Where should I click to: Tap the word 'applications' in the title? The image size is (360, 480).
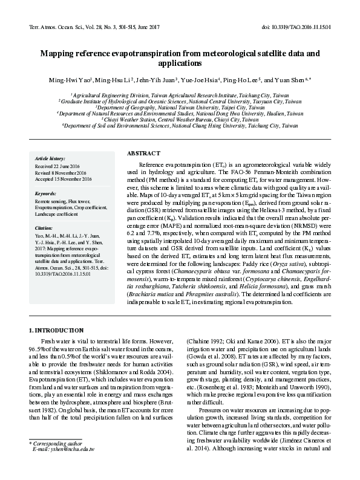[180, 63]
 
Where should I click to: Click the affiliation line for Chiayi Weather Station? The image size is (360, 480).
[180, 120]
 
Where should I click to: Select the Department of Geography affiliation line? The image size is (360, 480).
[180, 107]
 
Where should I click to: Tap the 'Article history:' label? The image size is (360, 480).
[50, 157]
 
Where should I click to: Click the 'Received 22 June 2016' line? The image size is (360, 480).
[58, 166]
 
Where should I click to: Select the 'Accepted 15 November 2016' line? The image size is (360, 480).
[63, 179]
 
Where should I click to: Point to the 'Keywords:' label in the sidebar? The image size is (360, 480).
[46, 193]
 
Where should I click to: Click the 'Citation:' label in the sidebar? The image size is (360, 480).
[45, 228]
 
